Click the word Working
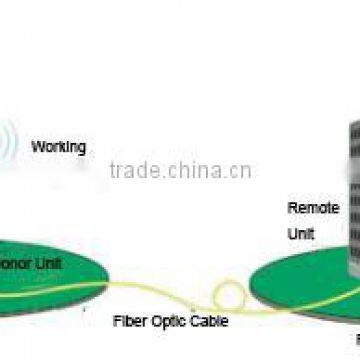59,146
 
